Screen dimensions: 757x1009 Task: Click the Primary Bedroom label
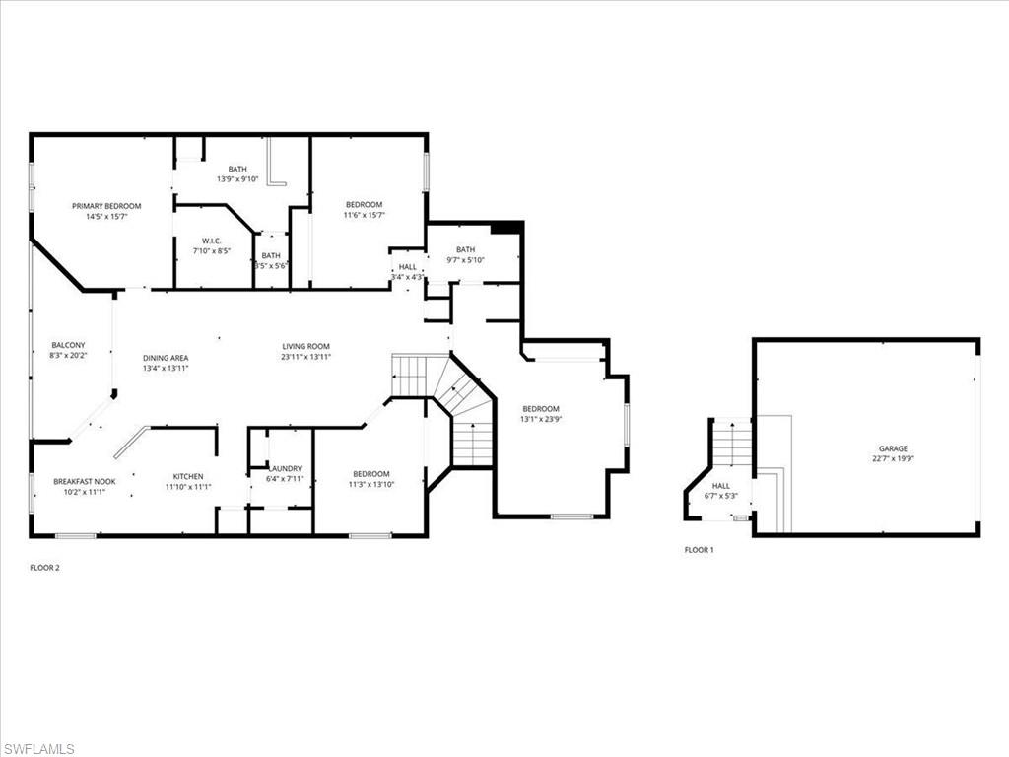[x=106, y=206]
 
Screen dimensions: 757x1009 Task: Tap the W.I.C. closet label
[x=212, y=241]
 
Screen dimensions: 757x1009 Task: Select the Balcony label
[x=68, y=345]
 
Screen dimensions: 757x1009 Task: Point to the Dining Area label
[x=166, y=358]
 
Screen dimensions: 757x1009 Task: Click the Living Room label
[x=305, y=346]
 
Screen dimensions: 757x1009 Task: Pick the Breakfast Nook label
[x=84, y=481]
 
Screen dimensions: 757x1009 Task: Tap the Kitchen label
[x=187, y=476]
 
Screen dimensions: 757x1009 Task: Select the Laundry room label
[x=285, y=468]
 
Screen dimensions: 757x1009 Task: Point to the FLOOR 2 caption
[x=45, y=568]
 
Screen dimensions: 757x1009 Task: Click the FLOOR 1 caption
[x=699, y=550]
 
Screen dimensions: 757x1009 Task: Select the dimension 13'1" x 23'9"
[x=540, y=420]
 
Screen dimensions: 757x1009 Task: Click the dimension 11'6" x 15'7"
[x=364, y=215]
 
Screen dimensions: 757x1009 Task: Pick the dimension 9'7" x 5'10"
[x=465, y=260]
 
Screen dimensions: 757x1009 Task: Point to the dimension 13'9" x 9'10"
[x=237, y=179]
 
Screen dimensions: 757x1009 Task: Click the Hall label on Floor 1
[x=721, y=486]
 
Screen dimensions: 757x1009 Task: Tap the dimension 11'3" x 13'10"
[x=370, y=484]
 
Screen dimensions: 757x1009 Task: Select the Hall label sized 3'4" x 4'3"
[x=407, y=267]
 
